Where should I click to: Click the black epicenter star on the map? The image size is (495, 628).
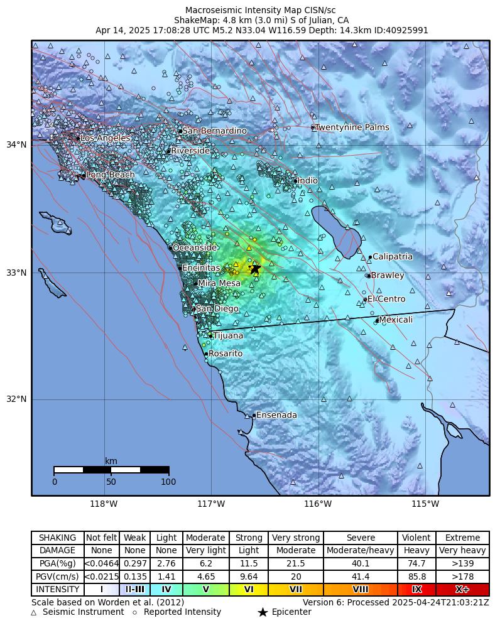click(x=255, y=269)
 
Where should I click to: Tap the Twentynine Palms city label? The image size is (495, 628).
click(x=352, y=127)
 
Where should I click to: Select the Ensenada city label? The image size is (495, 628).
click(x=276, y=415)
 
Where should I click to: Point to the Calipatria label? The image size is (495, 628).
click(x=393, y=256)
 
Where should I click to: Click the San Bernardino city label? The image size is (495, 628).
click(x=214, y=131)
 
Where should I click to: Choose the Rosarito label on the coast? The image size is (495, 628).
click(x=226, y=354)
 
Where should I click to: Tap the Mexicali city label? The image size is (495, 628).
click(x=396, y=320)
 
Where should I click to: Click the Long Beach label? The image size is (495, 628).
click(x=111, y=175)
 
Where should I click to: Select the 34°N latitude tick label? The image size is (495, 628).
click(x=16, y=144)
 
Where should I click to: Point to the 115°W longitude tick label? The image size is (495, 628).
click(x=425, y=504)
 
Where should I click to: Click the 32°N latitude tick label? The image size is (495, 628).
click(x=16, y=399)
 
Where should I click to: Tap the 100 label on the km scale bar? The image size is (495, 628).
click(x=168, y=482)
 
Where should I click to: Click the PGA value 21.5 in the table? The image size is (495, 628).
click(x=295, y=563)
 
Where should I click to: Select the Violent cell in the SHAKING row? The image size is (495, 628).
click(x=416, y=538)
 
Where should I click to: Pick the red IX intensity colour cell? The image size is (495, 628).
click(x=416, y=589)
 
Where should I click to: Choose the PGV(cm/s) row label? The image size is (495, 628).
click(x=58, y=577)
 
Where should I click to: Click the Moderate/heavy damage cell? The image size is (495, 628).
click(x=361, y=551)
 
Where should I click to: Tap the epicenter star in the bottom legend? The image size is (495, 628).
click(x=263, y=612)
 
